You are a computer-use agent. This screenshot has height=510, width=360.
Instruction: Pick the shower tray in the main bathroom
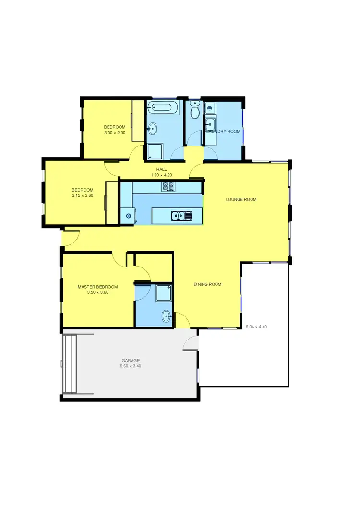point(155,152)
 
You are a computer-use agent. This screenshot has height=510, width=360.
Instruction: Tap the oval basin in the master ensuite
point(165,316)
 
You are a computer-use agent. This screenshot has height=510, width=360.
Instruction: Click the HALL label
point(161,170)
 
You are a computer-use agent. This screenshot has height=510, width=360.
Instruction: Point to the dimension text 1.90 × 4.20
point(161,175)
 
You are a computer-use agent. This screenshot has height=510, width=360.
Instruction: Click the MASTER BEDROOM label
point(97,287)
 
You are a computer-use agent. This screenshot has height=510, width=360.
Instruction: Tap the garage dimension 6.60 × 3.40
point(130,366)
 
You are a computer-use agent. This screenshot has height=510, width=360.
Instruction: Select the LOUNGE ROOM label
point(241,199)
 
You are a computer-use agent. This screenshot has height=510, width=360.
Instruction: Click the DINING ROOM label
point(207,284)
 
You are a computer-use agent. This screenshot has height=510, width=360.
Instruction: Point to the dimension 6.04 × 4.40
point(256,327)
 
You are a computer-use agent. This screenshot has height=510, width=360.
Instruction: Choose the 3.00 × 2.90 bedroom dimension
point(115,133)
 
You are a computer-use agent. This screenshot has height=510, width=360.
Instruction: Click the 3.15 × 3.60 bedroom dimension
point(82,195)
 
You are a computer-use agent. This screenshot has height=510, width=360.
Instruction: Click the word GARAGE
point(130,360)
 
